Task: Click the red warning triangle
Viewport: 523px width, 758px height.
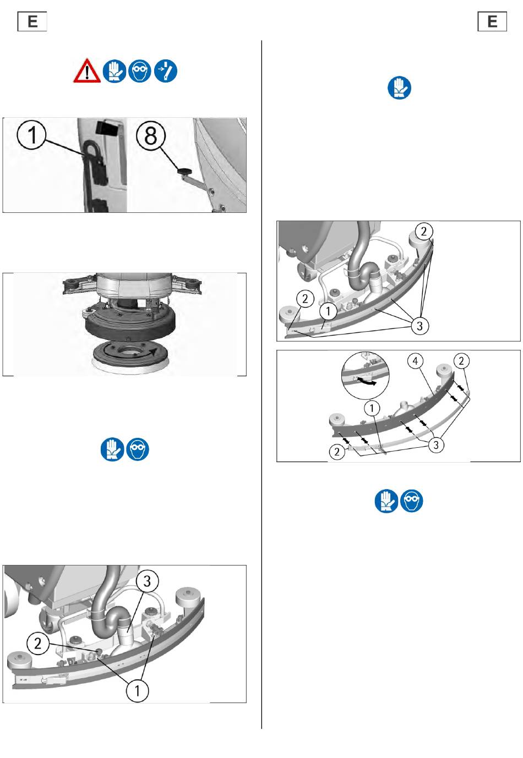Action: coord(87,71)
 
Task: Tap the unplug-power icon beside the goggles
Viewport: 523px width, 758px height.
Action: coord(165,71)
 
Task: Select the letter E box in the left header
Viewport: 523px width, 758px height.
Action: coord(32,21)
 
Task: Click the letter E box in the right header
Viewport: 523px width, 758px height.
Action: coord(492,21)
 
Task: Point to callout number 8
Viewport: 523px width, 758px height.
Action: coord(151,135)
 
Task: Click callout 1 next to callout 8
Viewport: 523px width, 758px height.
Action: coord(31,135)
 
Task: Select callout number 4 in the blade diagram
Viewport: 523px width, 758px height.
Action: coord(415,361)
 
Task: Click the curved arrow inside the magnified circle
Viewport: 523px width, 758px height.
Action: coord(366,382)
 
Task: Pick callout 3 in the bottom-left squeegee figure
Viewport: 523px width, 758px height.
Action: coord(147,581)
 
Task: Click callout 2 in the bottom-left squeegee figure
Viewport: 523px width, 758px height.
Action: coord(37,644)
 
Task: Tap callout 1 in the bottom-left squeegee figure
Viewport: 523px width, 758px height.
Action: coord(137,691)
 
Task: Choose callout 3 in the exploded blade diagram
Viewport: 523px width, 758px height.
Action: coord(435,445)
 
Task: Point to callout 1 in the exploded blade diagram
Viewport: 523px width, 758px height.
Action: coord(372,409)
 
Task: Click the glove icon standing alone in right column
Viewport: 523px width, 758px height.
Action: coord(399,88)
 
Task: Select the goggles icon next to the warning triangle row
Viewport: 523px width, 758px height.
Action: coord(139,71)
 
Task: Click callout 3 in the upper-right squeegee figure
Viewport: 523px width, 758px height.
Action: coord(420,326)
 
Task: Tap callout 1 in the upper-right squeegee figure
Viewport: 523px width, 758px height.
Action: coord(328,311)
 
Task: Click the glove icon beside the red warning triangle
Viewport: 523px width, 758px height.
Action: coord(114,71)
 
